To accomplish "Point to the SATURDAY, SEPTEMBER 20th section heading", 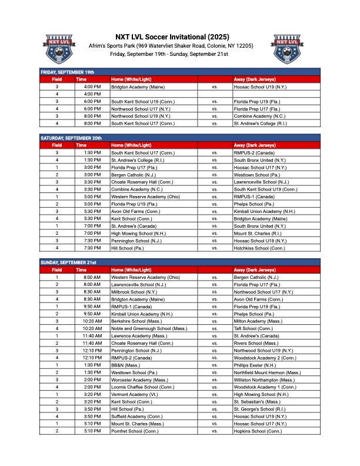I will pyautogui.click(x=71, y=138).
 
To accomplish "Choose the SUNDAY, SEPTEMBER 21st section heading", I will pyautogui.click(x=68, y=262).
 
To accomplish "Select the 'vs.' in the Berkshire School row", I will pyautogui.click(x=215, y=321).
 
